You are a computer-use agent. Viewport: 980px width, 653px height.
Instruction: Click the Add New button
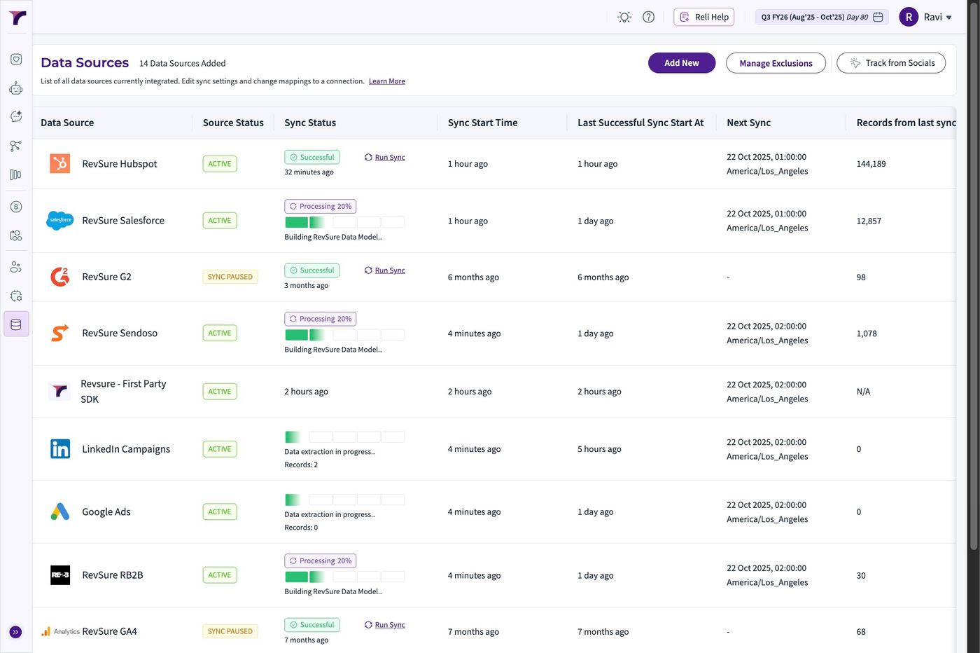coord(682,63)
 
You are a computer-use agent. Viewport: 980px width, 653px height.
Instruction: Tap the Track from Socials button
coord(890,63)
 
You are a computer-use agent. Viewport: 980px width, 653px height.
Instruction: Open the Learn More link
coord(386,81)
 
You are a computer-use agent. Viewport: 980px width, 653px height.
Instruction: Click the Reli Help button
coord(703,17)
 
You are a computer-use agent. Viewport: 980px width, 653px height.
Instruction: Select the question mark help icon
coord(648,17)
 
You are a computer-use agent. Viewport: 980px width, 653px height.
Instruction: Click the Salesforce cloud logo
coord(60,220)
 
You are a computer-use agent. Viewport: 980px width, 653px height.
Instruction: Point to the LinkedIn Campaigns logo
coord(60,449)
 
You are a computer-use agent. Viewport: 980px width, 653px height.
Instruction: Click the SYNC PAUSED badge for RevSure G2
coord(230,277)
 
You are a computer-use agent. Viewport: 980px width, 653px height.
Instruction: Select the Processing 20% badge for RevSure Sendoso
coord(321,319)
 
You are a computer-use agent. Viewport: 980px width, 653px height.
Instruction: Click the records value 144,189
coord(871,164)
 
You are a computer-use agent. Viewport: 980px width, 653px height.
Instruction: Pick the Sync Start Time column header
coord(482,123)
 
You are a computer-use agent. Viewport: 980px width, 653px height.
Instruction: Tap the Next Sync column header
coord(748,123)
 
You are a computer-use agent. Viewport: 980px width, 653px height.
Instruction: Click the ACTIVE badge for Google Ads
coord(220,511)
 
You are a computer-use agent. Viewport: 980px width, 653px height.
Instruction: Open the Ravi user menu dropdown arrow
coord(948,18)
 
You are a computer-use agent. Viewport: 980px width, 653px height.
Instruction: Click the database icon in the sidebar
coord(16,324)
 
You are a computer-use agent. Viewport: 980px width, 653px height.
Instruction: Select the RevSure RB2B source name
coord(113,575)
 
